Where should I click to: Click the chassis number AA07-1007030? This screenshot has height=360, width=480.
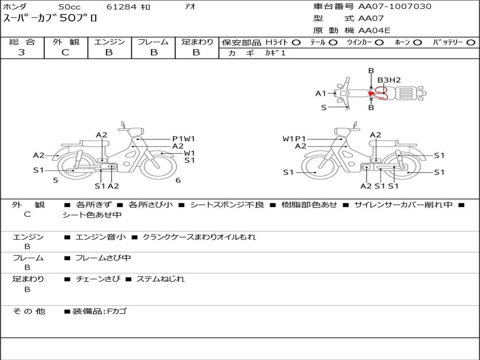click(x=395, y=7)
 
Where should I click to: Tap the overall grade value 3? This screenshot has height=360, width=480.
click(x=22, y=52)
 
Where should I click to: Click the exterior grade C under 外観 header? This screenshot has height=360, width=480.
click(x=66, y=52)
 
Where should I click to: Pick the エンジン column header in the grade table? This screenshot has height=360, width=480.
click(x=109, y=42)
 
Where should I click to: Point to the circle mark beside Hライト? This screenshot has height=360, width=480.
click(x=296, y=43)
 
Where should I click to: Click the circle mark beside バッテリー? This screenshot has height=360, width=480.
click(x=471, y=43)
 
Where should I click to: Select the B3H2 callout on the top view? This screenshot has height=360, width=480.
click(x=389, y=80)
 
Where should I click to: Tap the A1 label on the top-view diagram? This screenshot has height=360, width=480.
click(x=321, y=93)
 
